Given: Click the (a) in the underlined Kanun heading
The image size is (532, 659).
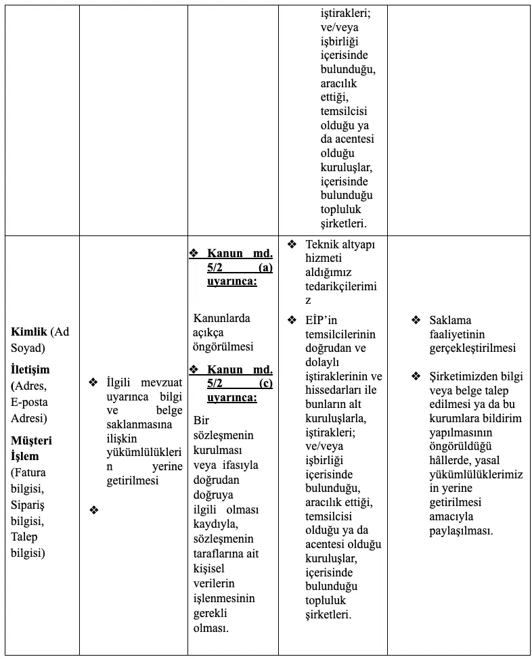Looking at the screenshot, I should (265, 268).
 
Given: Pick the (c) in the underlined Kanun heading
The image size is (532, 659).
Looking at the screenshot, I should (265, 384).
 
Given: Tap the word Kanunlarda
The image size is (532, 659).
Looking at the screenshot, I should (221, 318).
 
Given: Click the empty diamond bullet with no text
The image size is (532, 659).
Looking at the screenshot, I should (93, 510).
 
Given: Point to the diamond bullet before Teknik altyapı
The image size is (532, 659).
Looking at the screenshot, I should (292, 244).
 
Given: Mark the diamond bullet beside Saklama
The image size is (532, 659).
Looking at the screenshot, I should (416, 320).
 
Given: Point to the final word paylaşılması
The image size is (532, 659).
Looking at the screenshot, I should (461, 530).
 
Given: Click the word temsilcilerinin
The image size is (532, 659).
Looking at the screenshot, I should (340, 334).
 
